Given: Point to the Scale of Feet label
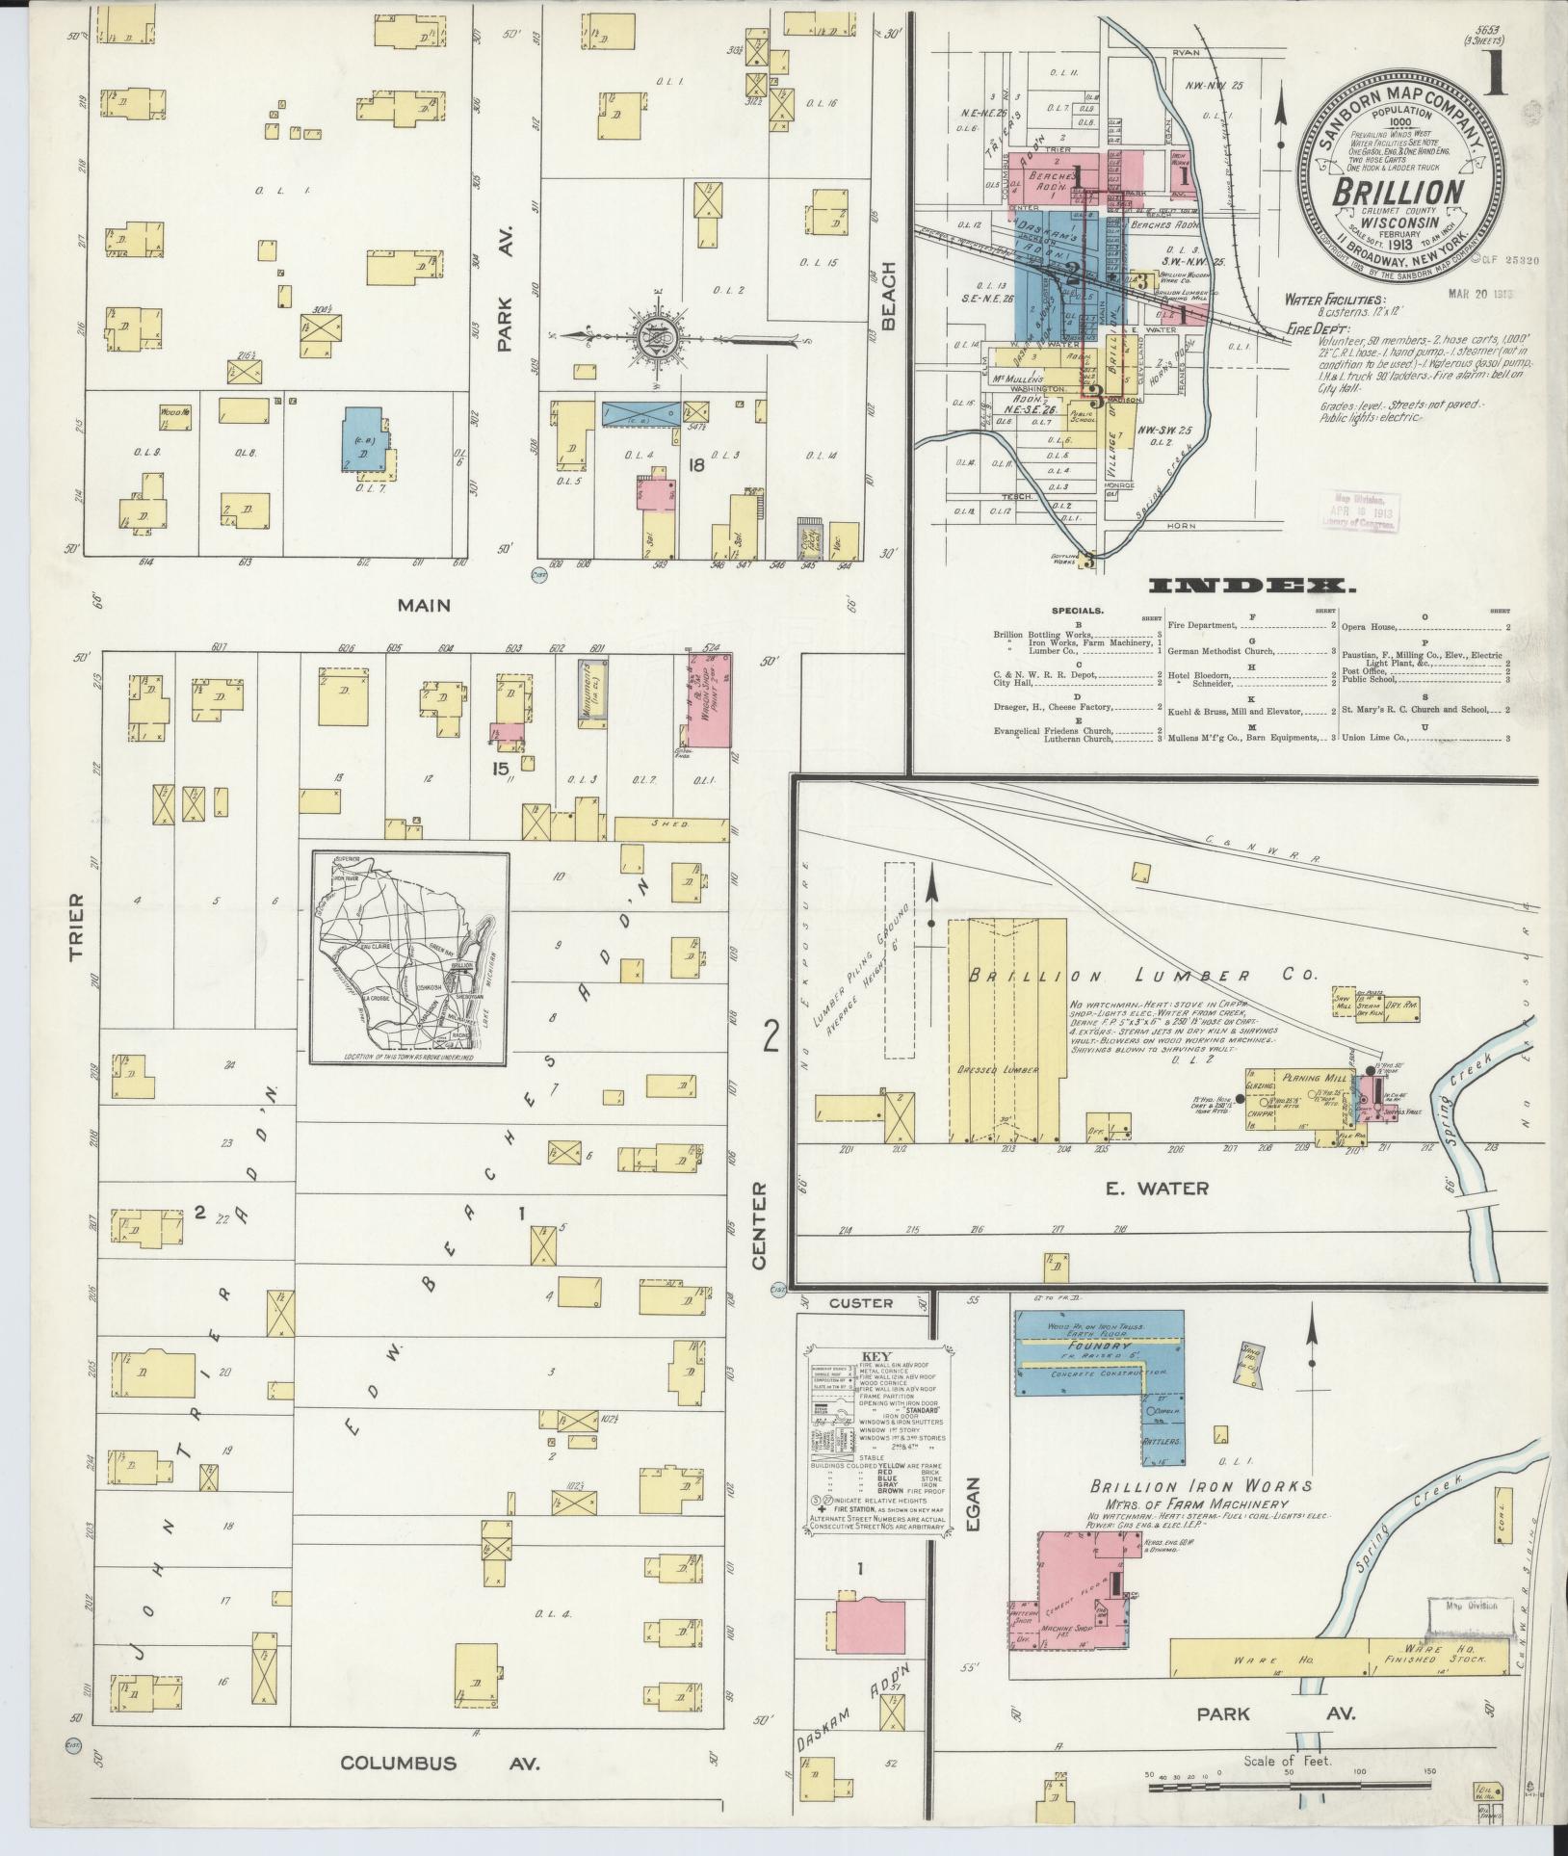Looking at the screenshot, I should click(1287, 1761).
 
